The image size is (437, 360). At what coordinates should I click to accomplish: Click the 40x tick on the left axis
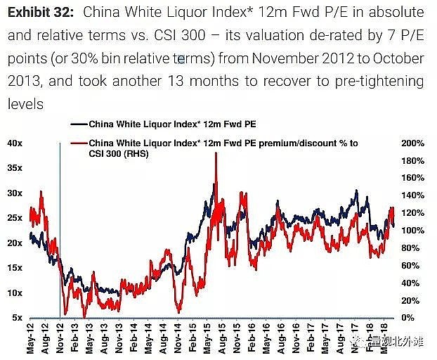click(x=15, y=143)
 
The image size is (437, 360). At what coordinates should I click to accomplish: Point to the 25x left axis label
click(x=15, y=218)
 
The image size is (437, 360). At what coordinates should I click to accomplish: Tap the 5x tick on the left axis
click(x=17, y=318)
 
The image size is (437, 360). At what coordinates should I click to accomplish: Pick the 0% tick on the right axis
click(x=408, y=318)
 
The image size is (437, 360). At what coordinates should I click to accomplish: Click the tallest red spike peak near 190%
click(x=215, y=153)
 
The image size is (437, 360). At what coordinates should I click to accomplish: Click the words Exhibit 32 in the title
click(x=43, y=13)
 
